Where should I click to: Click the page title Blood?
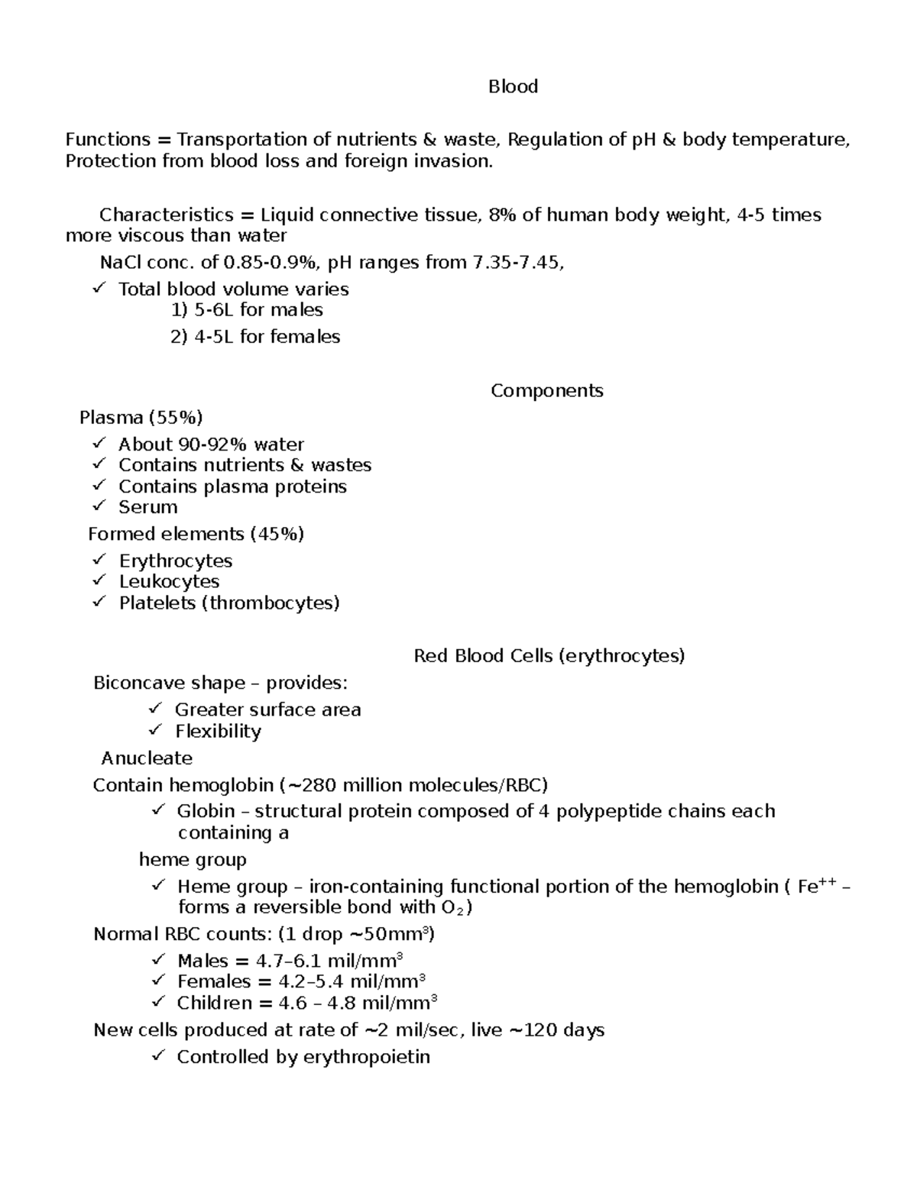(x=513, y=86)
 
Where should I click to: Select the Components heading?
(x=546, y=390)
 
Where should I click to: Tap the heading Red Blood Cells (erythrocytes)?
(x=549, y=655)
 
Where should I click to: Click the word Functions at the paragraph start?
(x=108, y=139)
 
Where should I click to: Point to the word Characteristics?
(x=166, y=215)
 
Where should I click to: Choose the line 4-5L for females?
(x=254, y=337)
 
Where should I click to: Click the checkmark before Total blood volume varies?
(x=99, y=288)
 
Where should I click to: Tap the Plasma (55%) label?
(x=141, y=417)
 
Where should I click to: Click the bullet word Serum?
(x=147, y=507)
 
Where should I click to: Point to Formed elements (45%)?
(x=196, y=533)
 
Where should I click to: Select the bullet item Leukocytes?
(x=169, y=581)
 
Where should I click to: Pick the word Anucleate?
(x=147, y=758)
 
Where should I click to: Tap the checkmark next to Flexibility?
(x=156, y=730)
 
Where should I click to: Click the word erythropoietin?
(x=366, y=1057)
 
